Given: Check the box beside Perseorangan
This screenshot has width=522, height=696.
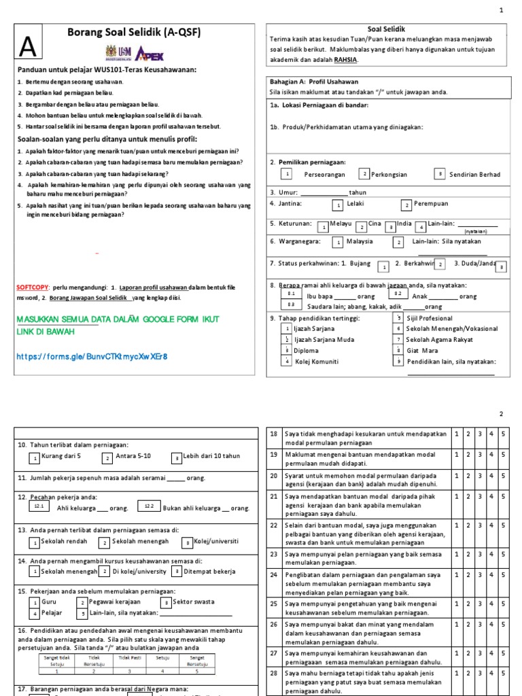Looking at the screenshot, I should (288, 174).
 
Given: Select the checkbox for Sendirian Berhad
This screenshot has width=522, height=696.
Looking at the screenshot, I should (440, 174).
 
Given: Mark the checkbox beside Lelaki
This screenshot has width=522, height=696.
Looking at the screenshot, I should (337, 204).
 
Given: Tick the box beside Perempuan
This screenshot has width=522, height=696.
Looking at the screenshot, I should (406, 204).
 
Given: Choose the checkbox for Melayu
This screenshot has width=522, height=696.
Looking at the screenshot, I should (324, 226).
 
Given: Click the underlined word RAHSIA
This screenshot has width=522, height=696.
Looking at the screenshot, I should (345, 60).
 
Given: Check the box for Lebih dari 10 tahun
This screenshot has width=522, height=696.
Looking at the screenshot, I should (177, 459).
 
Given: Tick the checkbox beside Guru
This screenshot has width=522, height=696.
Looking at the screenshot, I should (34, 602).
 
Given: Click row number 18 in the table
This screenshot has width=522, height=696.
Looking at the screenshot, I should (273, 434).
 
